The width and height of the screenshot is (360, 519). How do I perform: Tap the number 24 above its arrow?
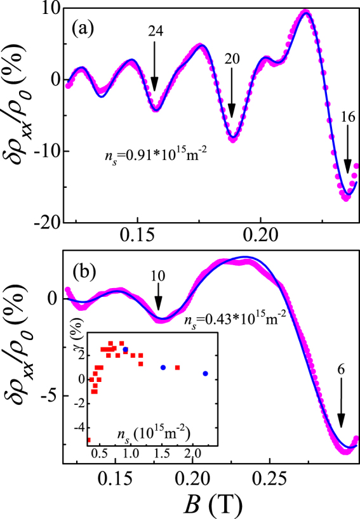pos(155,31)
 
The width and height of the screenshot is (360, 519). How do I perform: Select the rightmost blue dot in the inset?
pos(205,374)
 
